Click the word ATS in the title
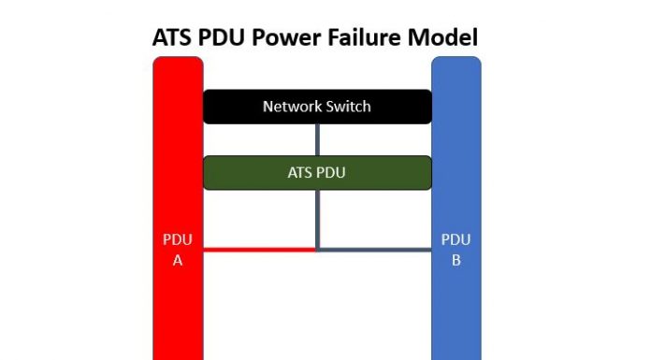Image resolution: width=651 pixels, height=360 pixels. coord(175,37)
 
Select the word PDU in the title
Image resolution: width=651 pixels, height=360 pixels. coord(228,37)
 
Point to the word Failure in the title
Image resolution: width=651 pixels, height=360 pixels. coord(372,37)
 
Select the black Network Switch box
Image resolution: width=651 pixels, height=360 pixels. coord(317,107)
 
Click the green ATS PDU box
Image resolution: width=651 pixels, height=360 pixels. coord(317,173)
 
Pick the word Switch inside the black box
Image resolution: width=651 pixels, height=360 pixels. coord(347,107)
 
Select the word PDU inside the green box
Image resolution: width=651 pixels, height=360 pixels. coord(332,173)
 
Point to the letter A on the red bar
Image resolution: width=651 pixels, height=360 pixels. coord(177,260)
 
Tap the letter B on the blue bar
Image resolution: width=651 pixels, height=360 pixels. coord(456,260)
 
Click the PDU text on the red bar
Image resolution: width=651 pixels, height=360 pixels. coord(177,240)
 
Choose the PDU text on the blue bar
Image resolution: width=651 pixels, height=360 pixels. coord(456,240)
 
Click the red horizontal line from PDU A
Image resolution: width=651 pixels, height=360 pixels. coord(259,250)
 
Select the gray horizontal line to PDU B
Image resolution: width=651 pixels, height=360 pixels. coord(374,250)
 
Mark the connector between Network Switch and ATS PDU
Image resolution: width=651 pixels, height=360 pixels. coord(318,139)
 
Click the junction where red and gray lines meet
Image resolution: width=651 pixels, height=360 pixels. coord(318,250)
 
